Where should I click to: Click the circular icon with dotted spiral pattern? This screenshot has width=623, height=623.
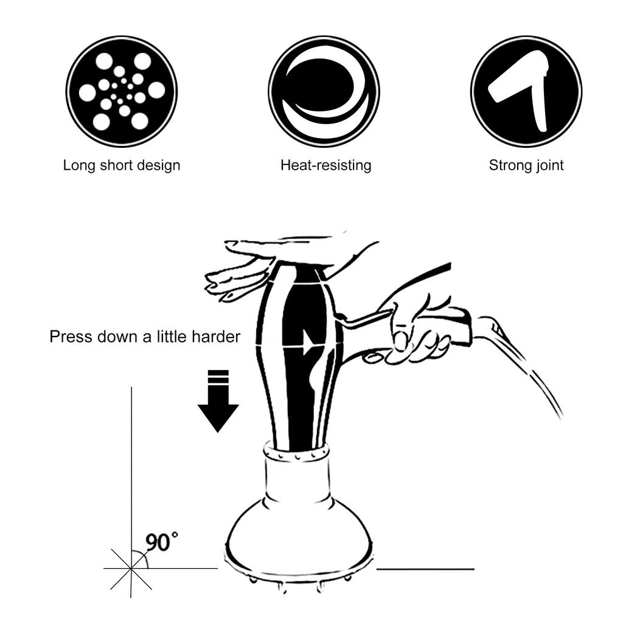pos(122,91)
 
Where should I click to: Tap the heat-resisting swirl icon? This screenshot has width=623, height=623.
pos(324,91)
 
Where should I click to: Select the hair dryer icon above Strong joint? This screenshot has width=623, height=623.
pos(526,91)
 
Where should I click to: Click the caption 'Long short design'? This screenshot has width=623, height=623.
pos(122,165)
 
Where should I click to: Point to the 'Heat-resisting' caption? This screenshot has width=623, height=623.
pos(325,165)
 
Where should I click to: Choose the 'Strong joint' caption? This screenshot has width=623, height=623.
pos(526,165)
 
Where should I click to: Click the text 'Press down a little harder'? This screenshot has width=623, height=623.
pos(145,336)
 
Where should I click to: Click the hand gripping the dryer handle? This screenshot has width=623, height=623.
pos(417,332)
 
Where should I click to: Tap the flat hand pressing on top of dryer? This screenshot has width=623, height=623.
pos(274,256)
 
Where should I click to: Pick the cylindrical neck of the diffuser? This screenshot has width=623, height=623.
pos(297,484)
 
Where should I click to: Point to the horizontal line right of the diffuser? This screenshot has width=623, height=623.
pos(425,569)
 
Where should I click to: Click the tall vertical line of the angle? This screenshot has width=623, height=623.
pos(131,462)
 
